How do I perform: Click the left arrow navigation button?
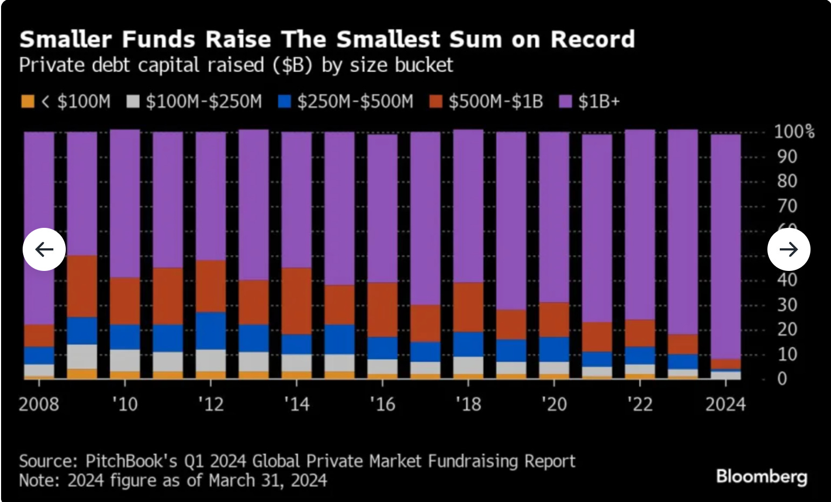pos(44,249)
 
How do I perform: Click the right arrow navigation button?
pos(788,249)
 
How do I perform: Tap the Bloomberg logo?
pos(761,477)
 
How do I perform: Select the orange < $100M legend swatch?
pos(27,101)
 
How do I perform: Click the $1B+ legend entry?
pos(599,101)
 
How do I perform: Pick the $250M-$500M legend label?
pos(355,101)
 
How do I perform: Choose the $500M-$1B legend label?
pos(495,101)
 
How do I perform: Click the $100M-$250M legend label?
pos(203,101)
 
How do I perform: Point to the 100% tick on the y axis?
pos(794,131)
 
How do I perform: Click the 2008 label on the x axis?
pos(39,404)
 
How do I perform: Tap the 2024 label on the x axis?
pos(725,404)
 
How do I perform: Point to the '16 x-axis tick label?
pos(382,404)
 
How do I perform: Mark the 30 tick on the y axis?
pos(786,305)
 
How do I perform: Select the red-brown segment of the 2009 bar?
pos(82,286)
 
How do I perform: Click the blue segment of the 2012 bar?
pos(211,331)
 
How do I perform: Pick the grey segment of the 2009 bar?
pos(82,357)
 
